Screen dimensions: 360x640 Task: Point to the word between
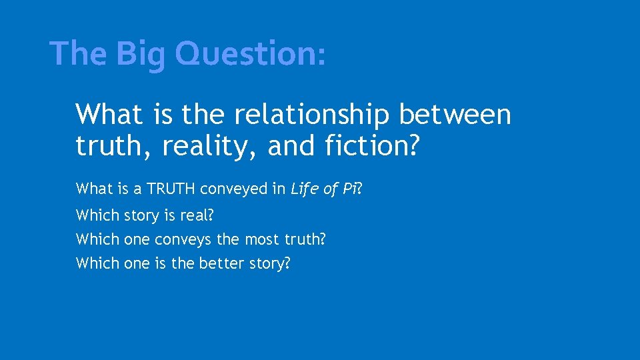click(455, 115)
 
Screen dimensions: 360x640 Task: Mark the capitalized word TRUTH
click(171, 189)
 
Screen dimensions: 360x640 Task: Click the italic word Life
click(304, 189)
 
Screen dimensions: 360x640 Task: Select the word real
click(197, 216)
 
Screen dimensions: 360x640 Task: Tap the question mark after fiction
click(415, 147)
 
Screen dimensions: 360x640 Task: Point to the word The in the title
click(74, 54)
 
